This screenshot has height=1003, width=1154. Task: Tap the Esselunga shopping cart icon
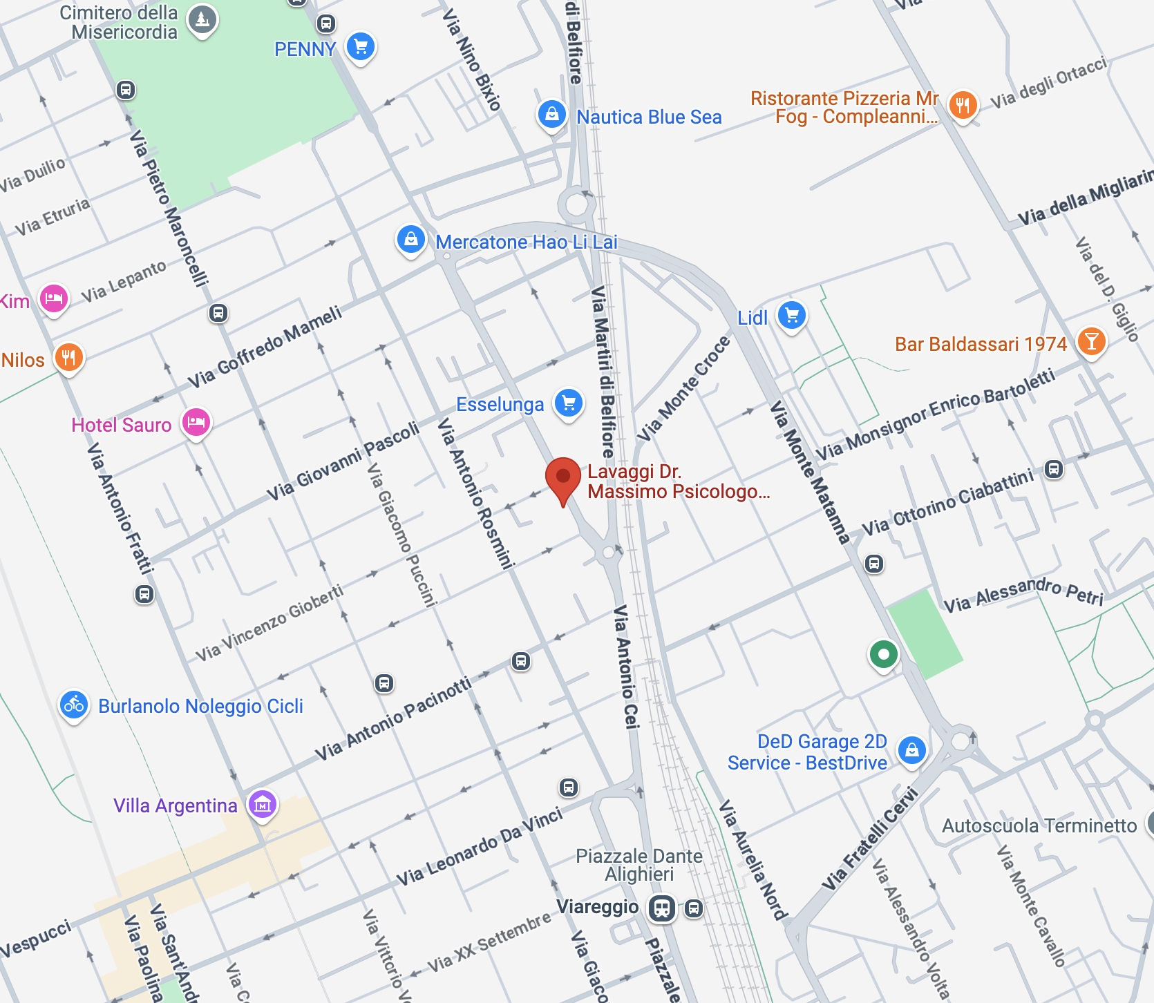coord(569,403)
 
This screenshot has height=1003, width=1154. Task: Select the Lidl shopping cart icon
coord(792,316)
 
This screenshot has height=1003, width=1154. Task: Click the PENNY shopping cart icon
coord(360,47)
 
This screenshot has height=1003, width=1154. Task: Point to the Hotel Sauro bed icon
coord(196,422)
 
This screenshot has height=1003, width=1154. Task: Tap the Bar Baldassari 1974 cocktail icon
coord(1091,342)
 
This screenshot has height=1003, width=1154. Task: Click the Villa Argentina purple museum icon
coord(263,804)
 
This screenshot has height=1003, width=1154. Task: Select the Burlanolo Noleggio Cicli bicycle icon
coord(74,705)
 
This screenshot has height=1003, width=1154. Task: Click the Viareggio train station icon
coord(661,908)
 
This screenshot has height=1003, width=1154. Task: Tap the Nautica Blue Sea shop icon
coord(551,115)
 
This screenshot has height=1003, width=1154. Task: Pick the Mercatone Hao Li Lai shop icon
coord(410,240)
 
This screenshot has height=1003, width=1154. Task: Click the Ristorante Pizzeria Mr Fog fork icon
coord(963,106)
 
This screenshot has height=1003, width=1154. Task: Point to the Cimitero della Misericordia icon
coord(202,19)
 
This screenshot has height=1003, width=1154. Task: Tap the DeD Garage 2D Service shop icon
coord(911,750)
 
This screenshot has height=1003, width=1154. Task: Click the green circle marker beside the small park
coord(883,654)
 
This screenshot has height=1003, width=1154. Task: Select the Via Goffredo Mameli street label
coord(265,347)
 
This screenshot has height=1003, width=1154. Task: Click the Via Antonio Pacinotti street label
coord(393,719)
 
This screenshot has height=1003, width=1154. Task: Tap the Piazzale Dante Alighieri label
coord(639,865)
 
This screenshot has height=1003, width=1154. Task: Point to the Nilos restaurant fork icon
coord(68,358)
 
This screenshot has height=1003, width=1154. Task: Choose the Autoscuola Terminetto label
coord(1039,825)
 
